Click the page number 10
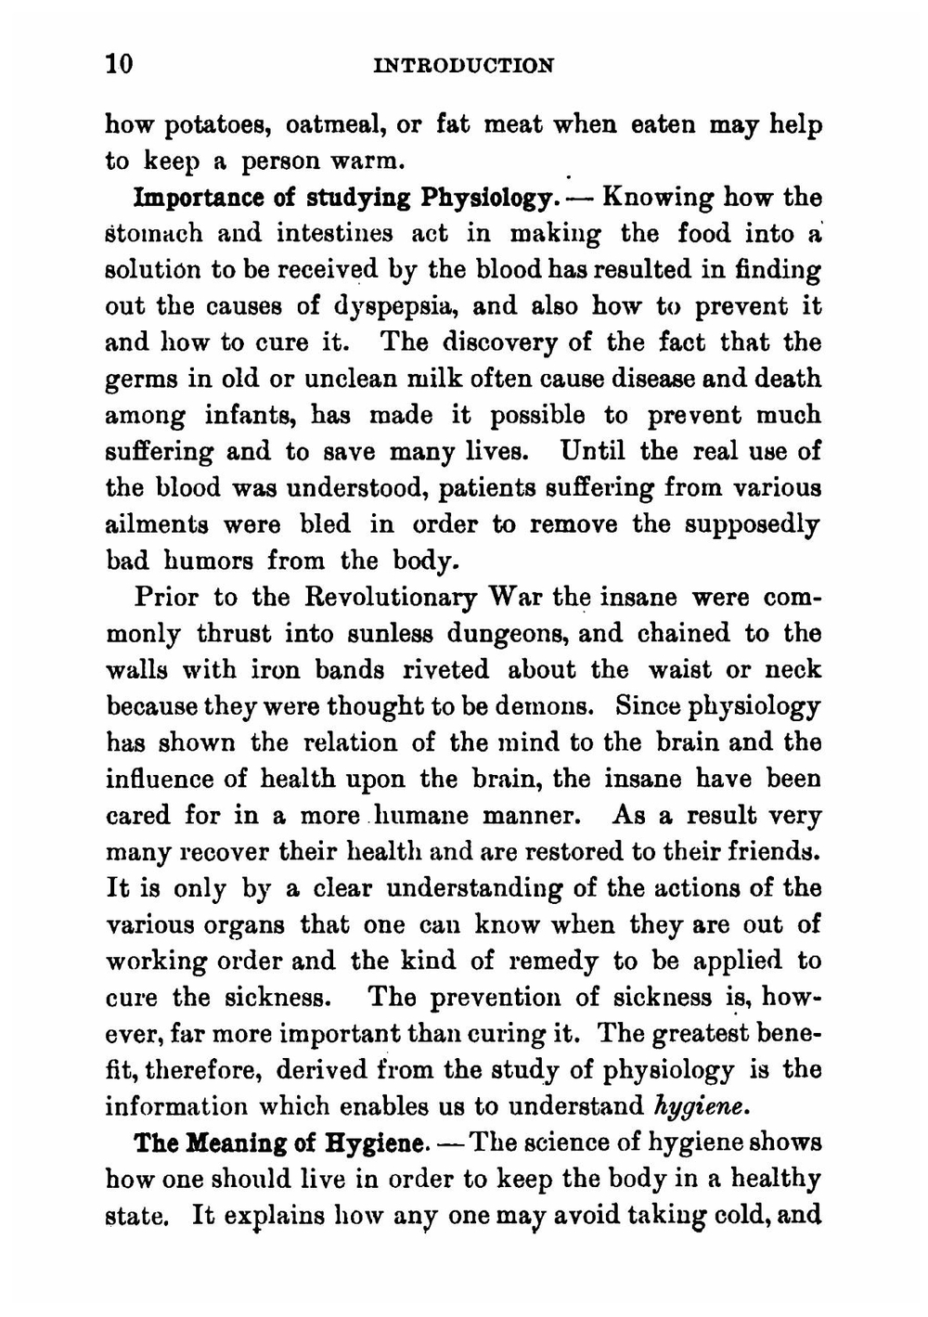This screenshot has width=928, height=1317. pyautogui.click(x=120, y=64)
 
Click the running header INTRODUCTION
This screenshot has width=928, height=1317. pyautogui.click(x=462, y=66)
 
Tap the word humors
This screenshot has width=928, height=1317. pyautogui.click(x=213, y=562)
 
